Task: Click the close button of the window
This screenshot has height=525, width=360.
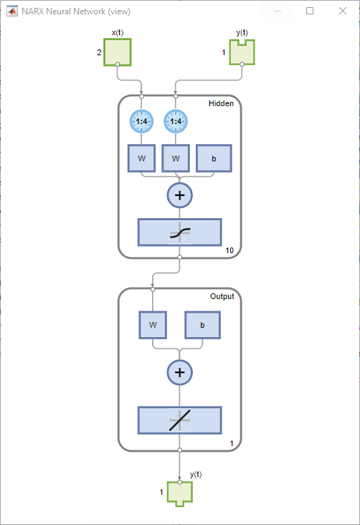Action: [342, 11]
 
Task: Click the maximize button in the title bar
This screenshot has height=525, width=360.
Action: [310, 11]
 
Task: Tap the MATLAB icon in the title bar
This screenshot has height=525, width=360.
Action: [11, 11]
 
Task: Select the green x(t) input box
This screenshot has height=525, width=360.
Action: [118, 52]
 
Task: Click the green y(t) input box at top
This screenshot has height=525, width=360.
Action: [242, 52]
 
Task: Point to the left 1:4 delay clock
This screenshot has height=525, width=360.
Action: [142, 121]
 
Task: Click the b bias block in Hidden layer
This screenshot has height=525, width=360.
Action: [214, 158]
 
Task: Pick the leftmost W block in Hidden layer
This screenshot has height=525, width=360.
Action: [142, 158]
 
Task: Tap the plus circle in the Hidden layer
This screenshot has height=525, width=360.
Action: [180, 194]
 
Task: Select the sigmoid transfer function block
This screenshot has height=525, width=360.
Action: [180, 232]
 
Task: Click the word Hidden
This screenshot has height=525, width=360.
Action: [221, 104]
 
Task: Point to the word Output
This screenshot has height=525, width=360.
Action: [222, 297]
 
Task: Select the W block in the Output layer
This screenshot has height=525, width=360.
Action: [153, 325]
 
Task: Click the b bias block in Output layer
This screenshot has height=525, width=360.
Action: [202, 325]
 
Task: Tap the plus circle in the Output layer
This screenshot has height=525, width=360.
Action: [180, 372]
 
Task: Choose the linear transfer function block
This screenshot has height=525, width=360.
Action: [180, 420]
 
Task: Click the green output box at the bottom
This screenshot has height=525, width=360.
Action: [180, 493]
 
